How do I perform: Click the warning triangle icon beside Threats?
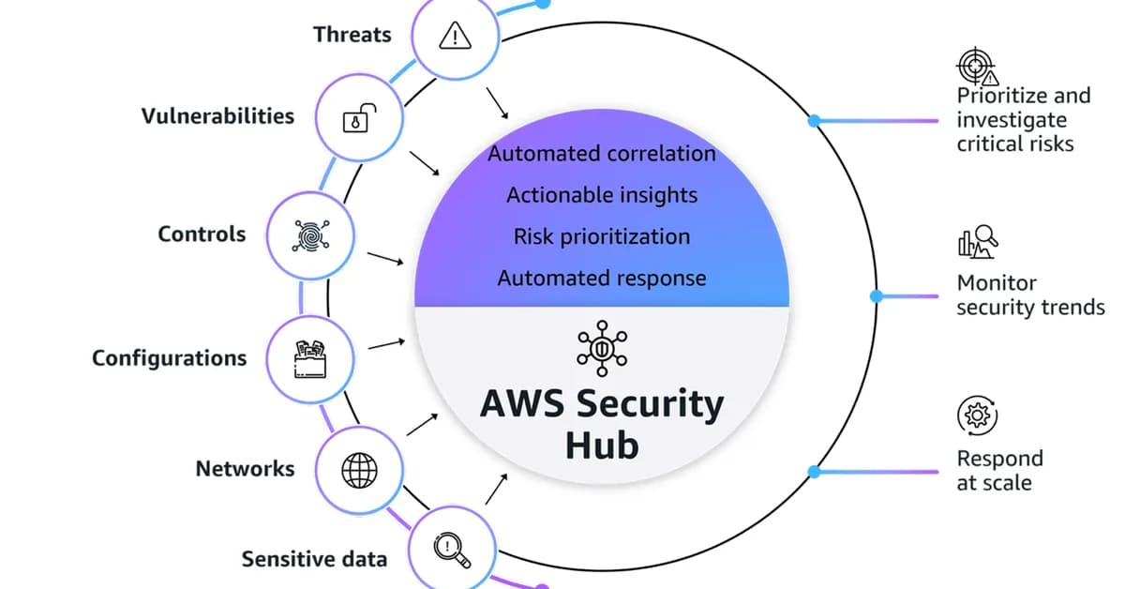pos(454,36)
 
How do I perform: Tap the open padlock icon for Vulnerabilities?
pos(360,118)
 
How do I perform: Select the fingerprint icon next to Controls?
pos(309,234)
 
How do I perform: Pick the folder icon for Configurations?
pos(310,358)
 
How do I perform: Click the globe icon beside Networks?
pos(358,469)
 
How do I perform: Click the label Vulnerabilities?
pos(217,116)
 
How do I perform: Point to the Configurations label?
pos(170,358)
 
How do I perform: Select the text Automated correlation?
pos(602,153)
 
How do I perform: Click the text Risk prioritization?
pos(602,236)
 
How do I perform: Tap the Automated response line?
pos(602,278)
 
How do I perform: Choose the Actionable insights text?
pos(602,195)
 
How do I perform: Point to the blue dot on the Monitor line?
pos(877,296)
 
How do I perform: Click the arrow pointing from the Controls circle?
pos(384,258)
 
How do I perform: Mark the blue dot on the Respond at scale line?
pos(814,472)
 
